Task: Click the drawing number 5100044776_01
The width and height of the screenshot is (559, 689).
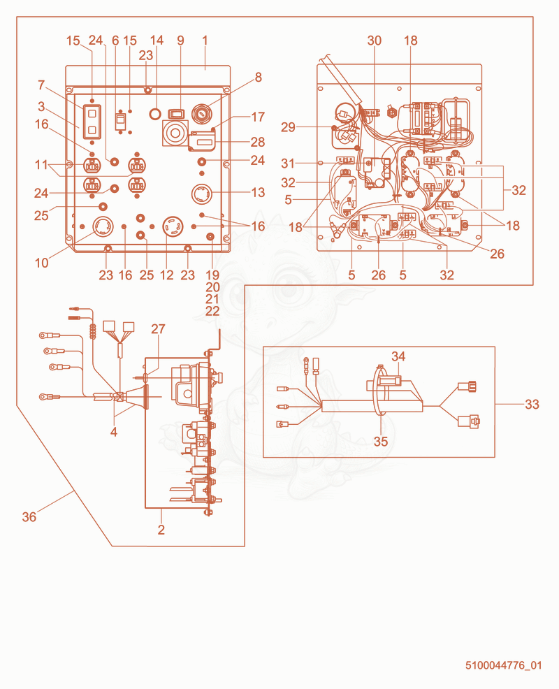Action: click(504, 665)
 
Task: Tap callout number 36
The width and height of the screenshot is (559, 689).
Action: click(29, 517)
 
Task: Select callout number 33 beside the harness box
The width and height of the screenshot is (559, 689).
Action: click(532, 405)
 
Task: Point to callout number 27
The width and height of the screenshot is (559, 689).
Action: click(158, 328)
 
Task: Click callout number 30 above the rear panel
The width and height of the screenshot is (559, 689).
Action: click(375, 41)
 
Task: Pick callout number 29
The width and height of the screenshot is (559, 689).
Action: click(289, 127)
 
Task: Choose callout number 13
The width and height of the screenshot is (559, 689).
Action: click(258, 192)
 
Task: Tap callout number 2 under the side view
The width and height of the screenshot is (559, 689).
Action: click(161, 530)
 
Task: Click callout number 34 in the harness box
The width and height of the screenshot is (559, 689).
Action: click(398, 356)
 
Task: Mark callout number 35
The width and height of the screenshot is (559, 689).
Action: click(381, 441)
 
